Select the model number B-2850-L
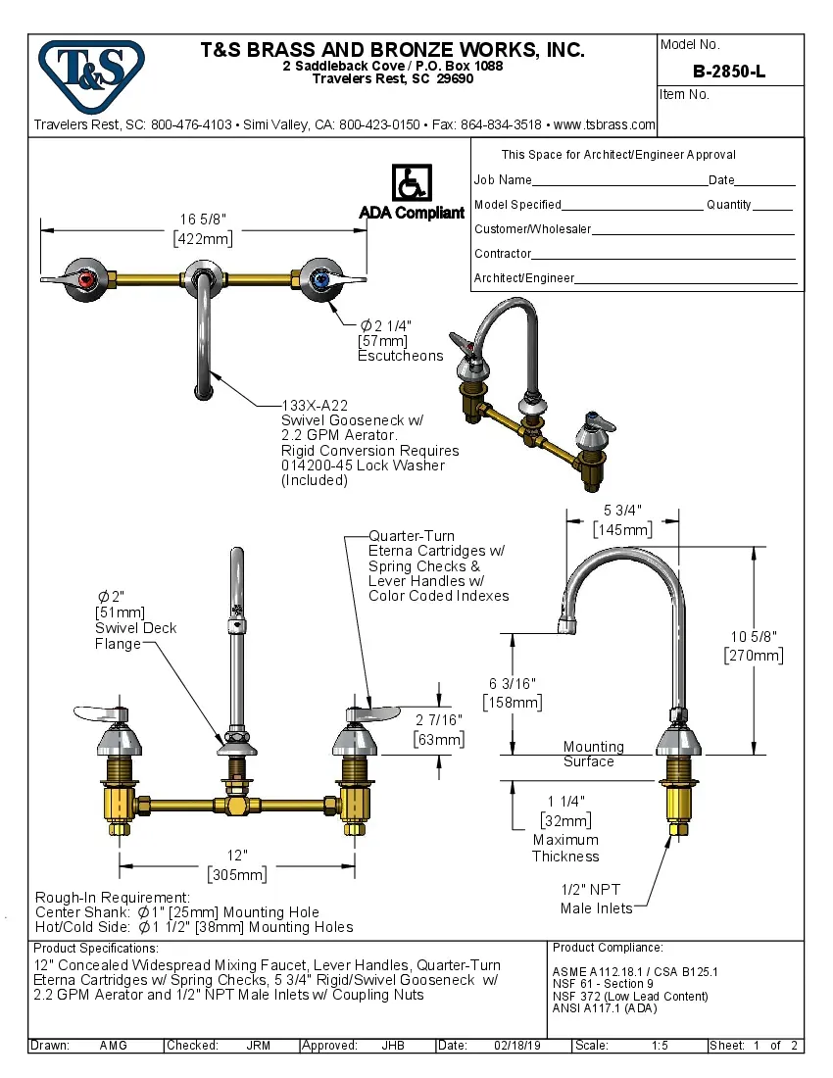[x=728, y=71]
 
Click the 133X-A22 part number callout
[x=314, y=405]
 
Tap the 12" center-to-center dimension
[x=236, y=856]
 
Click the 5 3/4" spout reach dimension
[x=621, y=511]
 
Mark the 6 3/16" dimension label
[x=512, y=683]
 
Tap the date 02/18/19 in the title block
[x=516, y=1046]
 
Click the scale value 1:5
[x=660, y=1046]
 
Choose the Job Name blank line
[x=619, y=182]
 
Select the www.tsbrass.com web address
[x=604, y=124]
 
